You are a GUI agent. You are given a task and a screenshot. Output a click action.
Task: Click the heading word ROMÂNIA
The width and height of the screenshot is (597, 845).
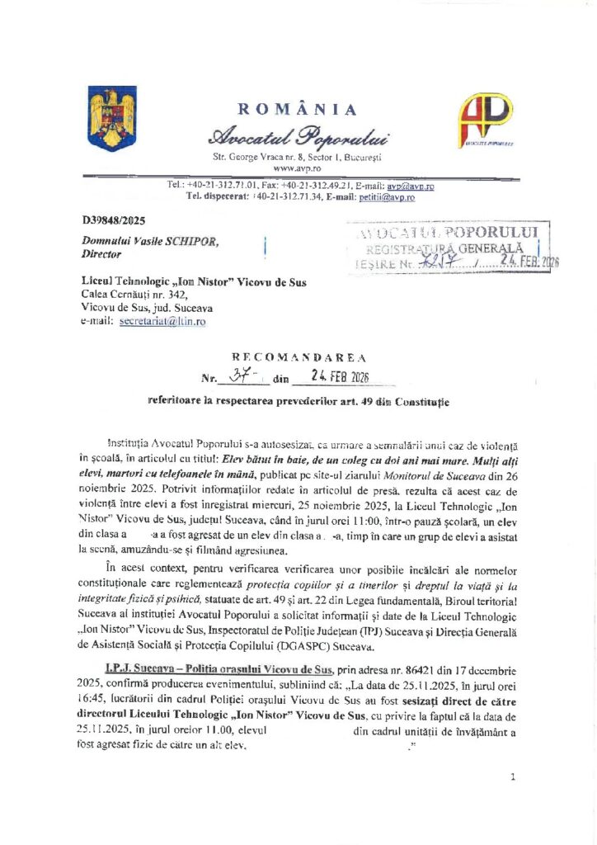point(298,111)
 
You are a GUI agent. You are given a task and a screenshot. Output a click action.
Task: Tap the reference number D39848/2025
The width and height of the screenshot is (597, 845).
point(112,221)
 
